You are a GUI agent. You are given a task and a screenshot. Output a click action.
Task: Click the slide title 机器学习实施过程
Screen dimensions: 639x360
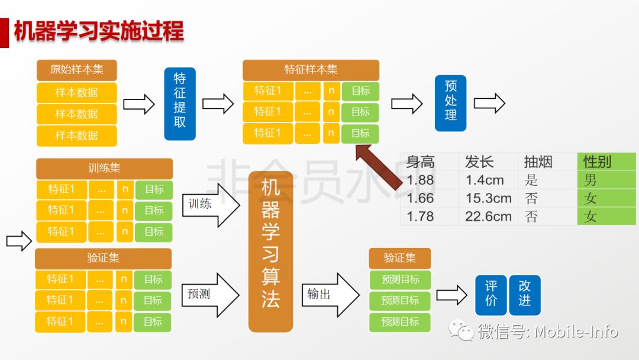[x=99, y=31]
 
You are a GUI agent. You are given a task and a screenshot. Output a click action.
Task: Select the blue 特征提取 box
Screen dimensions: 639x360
[x=180, y=104]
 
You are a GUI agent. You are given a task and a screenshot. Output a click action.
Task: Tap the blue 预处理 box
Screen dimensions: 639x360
[x=450, y=103]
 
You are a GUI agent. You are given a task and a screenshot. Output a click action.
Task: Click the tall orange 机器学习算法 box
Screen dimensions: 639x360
[x=270, y=252]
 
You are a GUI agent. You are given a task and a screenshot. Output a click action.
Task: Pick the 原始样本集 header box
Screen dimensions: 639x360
[x=76, y=70]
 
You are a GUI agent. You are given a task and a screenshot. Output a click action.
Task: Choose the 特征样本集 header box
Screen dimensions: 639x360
[x=311, y=70]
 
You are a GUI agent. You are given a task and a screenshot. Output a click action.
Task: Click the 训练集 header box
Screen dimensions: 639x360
[x=104, y=168]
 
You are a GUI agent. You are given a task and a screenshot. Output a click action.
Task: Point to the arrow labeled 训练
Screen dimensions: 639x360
[x=211, y=205]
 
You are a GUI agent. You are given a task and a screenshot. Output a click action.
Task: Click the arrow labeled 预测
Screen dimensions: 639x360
[x=210, y=295]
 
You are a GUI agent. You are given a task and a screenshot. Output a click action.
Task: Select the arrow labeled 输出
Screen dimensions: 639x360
[x=331, y=295]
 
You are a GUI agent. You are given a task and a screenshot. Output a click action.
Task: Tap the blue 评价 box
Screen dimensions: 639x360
[x=491, y=295]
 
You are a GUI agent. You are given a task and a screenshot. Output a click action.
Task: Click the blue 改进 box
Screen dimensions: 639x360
[x=525, y=295]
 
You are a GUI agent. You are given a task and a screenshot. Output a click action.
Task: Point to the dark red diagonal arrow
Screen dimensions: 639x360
[x=379, y=167]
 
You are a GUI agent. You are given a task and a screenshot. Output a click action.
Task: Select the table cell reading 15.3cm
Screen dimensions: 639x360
[x=489, y=198]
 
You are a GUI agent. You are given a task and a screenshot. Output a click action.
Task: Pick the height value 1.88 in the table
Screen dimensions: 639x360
[x=420, y=180]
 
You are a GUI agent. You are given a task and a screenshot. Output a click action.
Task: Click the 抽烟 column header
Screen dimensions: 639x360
[x=538, y=162]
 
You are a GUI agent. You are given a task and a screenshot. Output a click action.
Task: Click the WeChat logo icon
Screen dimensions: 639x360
[x=461, y=330]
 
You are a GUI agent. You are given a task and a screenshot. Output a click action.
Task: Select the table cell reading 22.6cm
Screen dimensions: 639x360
[x=488, y=217]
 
